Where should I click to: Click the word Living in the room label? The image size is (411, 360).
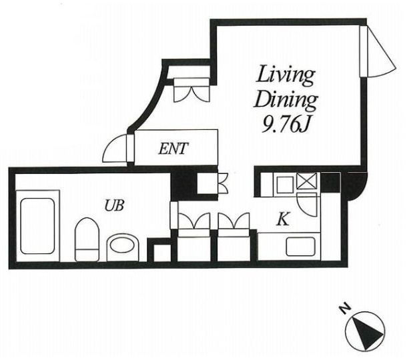click(x=286, y=76)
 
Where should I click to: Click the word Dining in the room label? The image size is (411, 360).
click(x=286, y=101)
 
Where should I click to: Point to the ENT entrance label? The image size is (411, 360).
click(x=173, y=149)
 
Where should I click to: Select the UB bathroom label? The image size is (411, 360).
click(x=114, y=205)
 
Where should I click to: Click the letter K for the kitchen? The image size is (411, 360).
click(x=284, y=219)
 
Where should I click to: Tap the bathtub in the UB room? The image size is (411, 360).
click(x=37, y=226)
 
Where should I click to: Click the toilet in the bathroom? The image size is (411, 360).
click(x=87, y=239)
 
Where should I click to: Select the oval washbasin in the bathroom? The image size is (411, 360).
click(x=123, y=247)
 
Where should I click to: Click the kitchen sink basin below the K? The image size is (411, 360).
click(x=301, y=247)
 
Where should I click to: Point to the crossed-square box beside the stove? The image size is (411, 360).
click(x=307, y=181)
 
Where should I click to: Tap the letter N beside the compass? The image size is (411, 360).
click(x=345, y=309)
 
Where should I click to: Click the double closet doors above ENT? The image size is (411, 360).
click(x=192, y=90)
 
